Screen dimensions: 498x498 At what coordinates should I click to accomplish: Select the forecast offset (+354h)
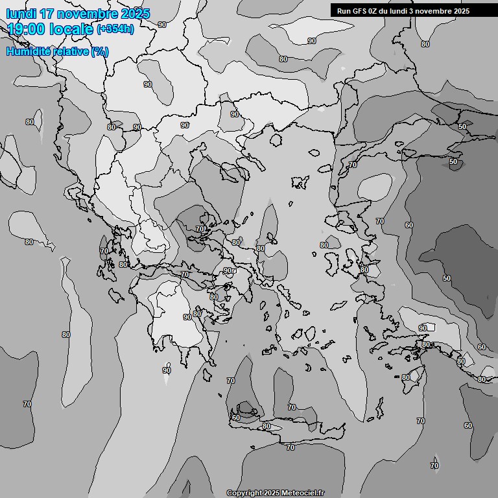point(115,29)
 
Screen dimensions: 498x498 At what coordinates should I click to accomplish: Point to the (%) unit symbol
point(100,52)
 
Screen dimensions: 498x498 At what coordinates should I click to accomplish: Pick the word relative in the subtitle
point(72,52)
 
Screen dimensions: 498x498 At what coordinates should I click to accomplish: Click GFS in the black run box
point(359,11)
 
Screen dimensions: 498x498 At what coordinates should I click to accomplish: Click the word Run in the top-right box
point(343,11)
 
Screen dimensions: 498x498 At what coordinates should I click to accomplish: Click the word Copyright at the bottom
point(244,493)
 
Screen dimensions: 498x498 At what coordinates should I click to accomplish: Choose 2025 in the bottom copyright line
point(272,493)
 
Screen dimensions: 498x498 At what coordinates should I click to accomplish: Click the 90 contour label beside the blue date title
point(161,24)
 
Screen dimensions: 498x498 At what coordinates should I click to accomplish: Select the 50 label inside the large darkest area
point(447,278)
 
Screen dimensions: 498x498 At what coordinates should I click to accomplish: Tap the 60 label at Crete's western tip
point(236,418)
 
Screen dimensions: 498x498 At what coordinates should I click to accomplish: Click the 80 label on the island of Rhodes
point(406,377)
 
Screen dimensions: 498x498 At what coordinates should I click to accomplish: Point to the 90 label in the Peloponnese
point(187,317)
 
